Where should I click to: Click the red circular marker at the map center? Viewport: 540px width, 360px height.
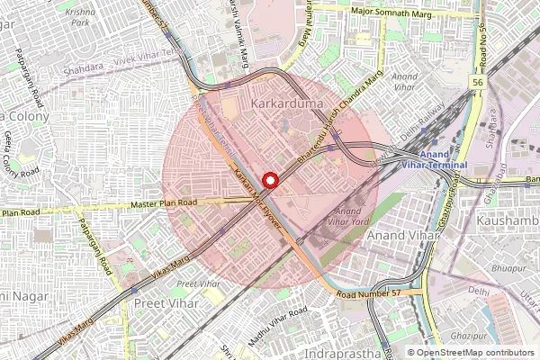pos(270,179)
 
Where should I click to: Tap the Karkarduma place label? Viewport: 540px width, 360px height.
pos(285,105)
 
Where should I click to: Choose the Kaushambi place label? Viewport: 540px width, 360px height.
pos(506,219)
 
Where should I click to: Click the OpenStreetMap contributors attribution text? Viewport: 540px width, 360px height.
pos(475,353)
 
